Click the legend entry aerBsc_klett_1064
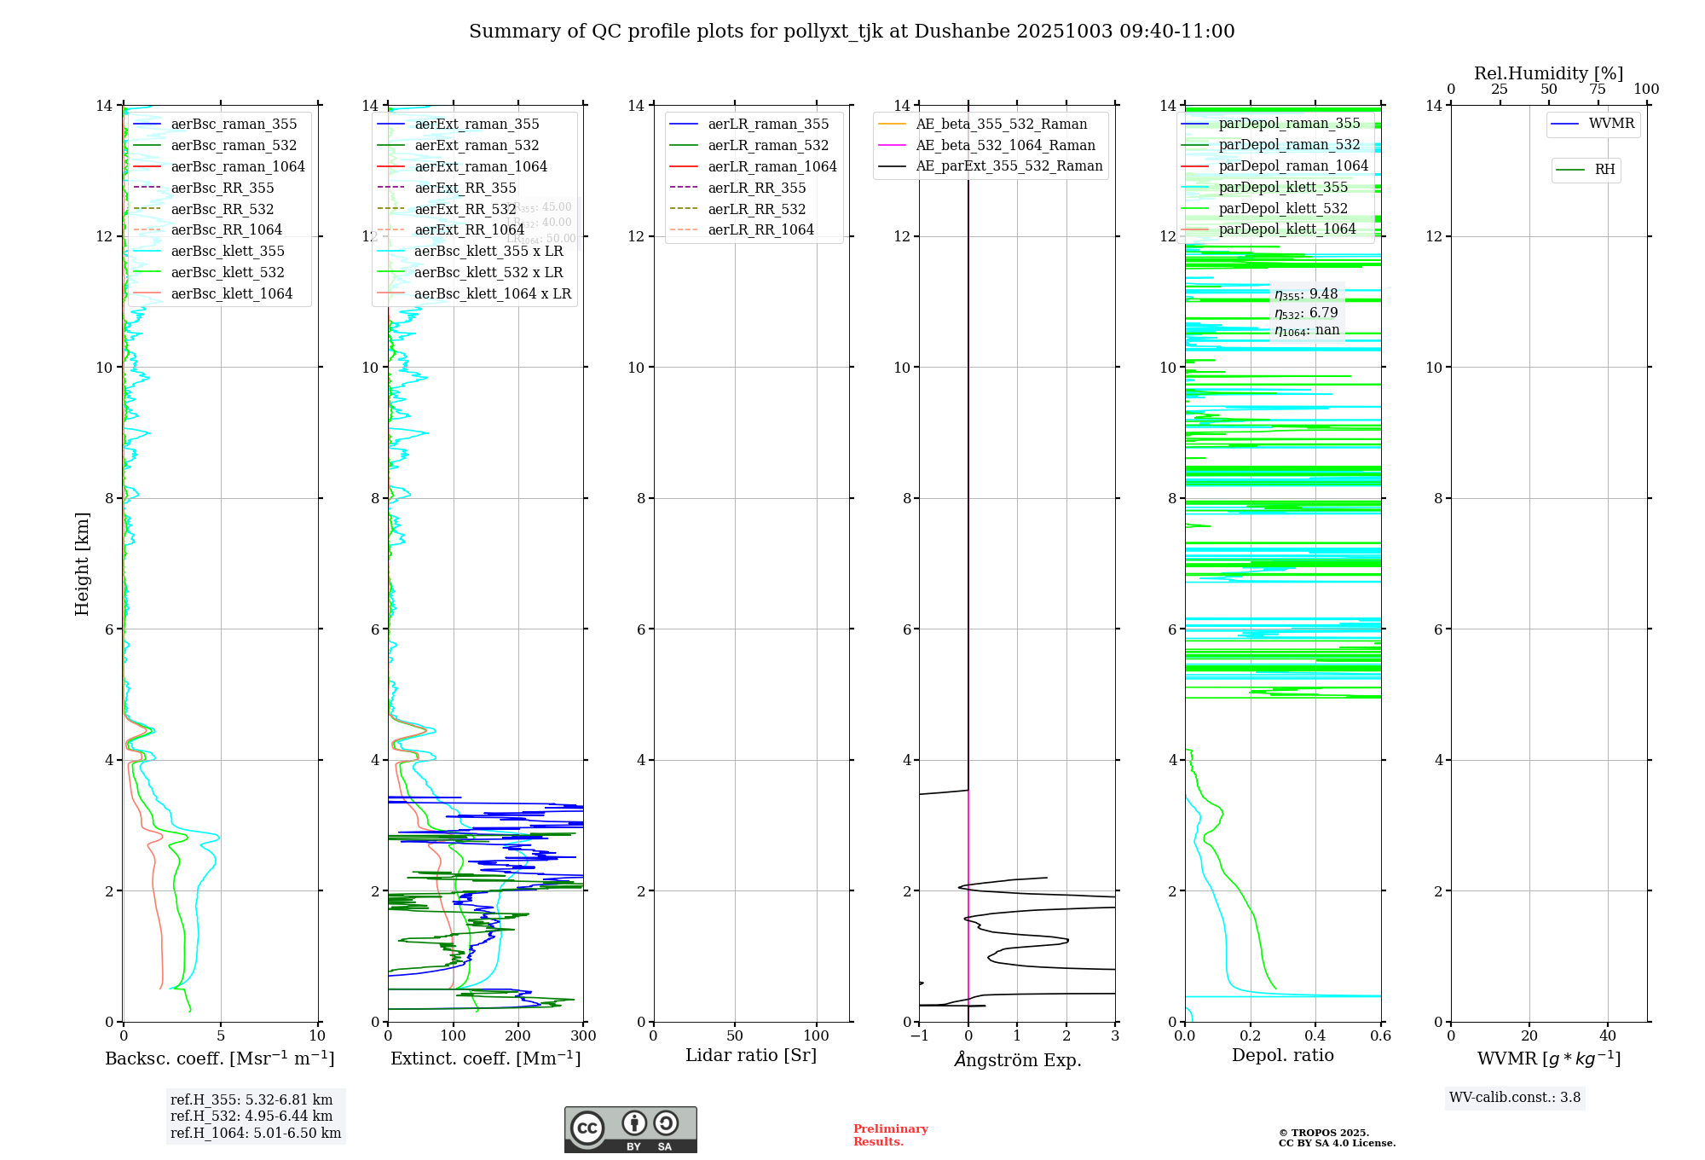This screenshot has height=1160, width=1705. [x=231, y=293]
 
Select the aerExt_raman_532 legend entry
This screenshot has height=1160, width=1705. [x=477, y=145]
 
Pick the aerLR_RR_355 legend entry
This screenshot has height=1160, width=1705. [x=756, y=188]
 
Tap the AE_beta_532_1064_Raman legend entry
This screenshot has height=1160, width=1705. [x=1005, y=145]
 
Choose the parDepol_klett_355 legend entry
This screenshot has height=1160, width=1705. [x=1283, y=187]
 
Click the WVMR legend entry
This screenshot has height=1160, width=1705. [x=1611, y=124]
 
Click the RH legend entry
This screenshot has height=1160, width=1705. [x=1604, y=170]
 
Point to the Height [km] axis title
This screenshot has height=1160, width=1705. [x=82, y=563]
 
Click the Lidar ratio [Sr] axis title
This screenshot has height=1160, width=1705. [x=751, y=1055]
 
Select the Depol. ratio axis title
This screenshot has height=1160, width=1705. [x=1282, y=1055]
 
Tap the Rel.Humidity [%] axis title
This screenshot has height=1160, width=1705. [x=1548, y=73]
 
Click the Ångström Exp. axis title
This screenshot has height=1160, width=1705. [x=1017, y=1059]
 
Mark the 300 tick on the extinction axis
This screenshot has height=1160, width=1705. [x=584, y=1035]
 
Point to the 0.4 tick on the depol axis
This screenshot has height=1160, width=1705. [x=1315, y=1035]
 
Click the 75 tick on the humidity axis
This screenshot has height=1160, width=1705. [x=1598, y=89]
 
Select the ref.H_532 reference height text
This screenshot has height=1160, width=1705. [x=251, y=1116]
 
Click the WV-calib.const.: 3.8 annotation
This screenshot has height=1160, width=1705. [x=1515, y=1097]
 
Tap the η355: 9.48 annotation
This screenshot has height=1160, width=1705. [x=1306, y=294]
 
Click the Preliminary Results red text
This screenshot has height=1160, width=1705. [x=890, y=1134]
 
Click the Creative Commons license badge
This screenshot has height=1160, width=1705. [x=630, y=1129]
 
